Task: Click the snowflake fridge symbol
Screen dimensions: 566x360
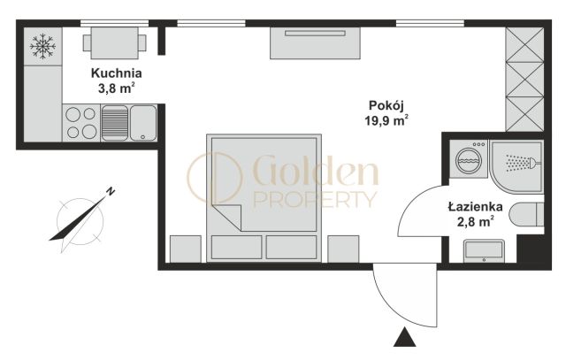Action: [42, 46]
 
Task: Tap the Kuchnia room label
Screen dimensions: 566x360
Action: [116, 73]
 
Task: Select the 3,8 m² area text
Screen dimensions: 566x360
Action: [117, 88]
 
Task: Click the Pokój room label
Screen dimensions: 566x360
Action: [386, 105]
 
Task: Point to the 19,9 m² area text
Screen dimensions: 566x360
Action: [386, 120]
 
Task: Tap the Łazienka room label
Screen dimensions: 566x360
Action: [476, 207]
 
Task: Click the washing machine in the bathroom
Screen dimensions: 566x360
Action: [469, 158]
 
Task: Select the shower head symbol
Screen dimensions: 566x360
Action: [523, 163]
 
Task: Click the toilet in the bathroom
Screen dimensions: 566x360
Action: [526, 214]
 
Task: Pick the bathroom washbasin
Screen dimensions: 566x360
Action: [484, 250]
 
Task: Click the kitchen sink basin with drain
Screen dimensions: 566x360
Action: [143, 123]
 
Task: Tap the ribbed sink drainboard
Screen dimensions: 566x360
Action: [115, 123]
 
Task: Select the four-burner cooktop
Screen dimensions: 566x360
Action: [81, 123]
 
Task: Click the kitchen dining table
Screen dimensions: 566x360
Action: [114, 43]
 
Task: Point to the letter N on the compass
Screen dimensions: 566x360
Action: [111, 191]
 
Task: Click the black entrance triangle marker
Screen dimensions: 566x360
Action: [404, 337]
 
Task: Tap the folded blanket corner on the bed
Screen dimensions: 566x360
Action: [227, 218]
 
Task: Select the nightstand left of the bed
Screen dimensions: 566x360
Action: [186, 249]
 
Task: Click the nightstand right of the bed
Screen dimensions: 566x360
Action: [343, 249]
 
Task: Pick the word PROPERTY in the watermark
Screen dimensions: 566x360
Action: [315, 200]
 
